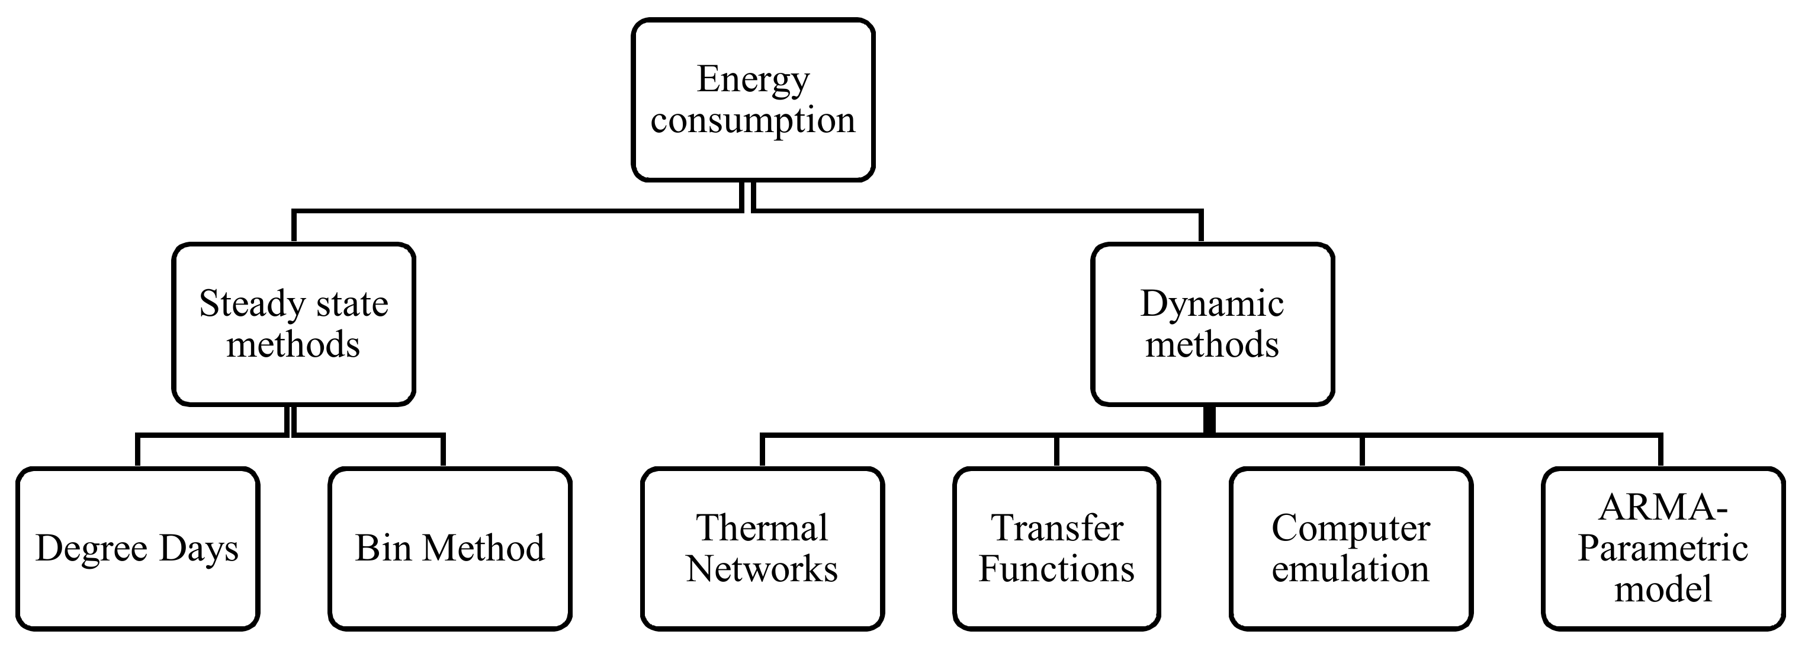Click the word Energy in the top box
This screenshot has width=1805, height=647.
(753, 79)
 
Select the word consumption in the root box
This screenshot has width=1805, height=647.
(753, 120)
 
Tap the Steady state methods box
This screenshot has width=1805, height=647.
(294, 324)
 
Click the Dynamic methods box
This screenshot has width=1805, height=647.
(1212, 324)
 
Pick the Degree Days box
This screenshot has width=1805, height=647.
(137, 549)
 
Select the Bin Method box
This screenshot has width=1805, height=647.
(450, 549)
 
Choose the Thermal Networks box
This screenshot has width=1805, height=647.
(762, 549)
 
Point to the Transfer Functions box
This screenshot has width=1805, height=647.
(1056, 549)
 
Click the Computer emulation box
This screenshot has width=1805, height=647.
(1350, 549)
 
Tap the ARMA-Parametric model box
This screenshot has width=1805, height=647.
(1663, 549)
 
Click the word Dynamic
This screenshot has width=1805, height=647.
(1212, 304)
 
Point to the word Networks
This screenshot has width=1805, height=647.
(762, 568)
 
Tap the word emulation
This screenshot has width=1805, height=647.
(1350, 568)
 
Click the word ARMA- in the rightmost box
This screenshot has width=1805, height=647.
(1663, 508)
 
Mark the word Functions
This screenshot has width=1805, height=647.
(1056, 568)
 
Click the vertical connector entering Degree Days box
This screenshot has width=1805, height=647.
(137, 451)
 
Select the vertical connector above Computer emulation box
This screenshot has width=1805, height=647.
(1362, 451)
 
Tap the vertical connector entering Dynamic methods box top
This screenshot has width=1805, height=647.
(1201, 226)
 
